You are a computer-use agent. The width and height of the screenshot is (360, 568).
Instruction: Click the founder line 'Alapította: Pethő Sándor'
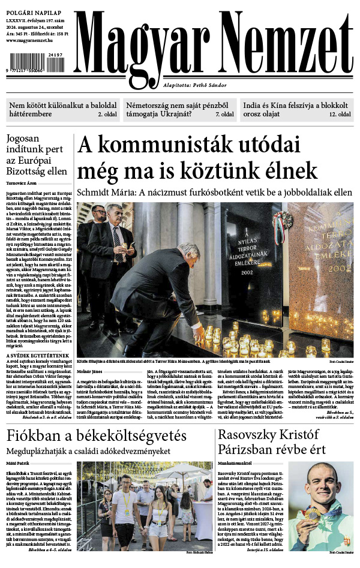pos(193,86)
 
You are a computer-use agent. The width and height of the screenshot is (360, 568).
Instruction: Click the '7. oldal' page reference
pos(224,114)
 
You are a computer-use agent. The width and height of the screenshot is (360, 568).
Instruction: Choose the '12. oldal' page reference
pos(340,114)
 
